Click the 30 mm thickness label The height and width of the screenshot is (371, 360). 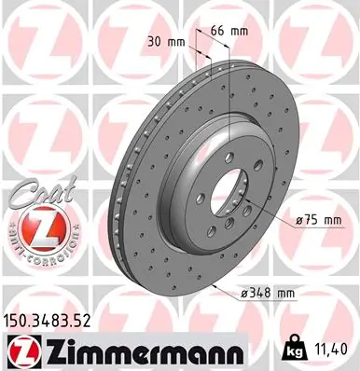click(164, 40)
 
